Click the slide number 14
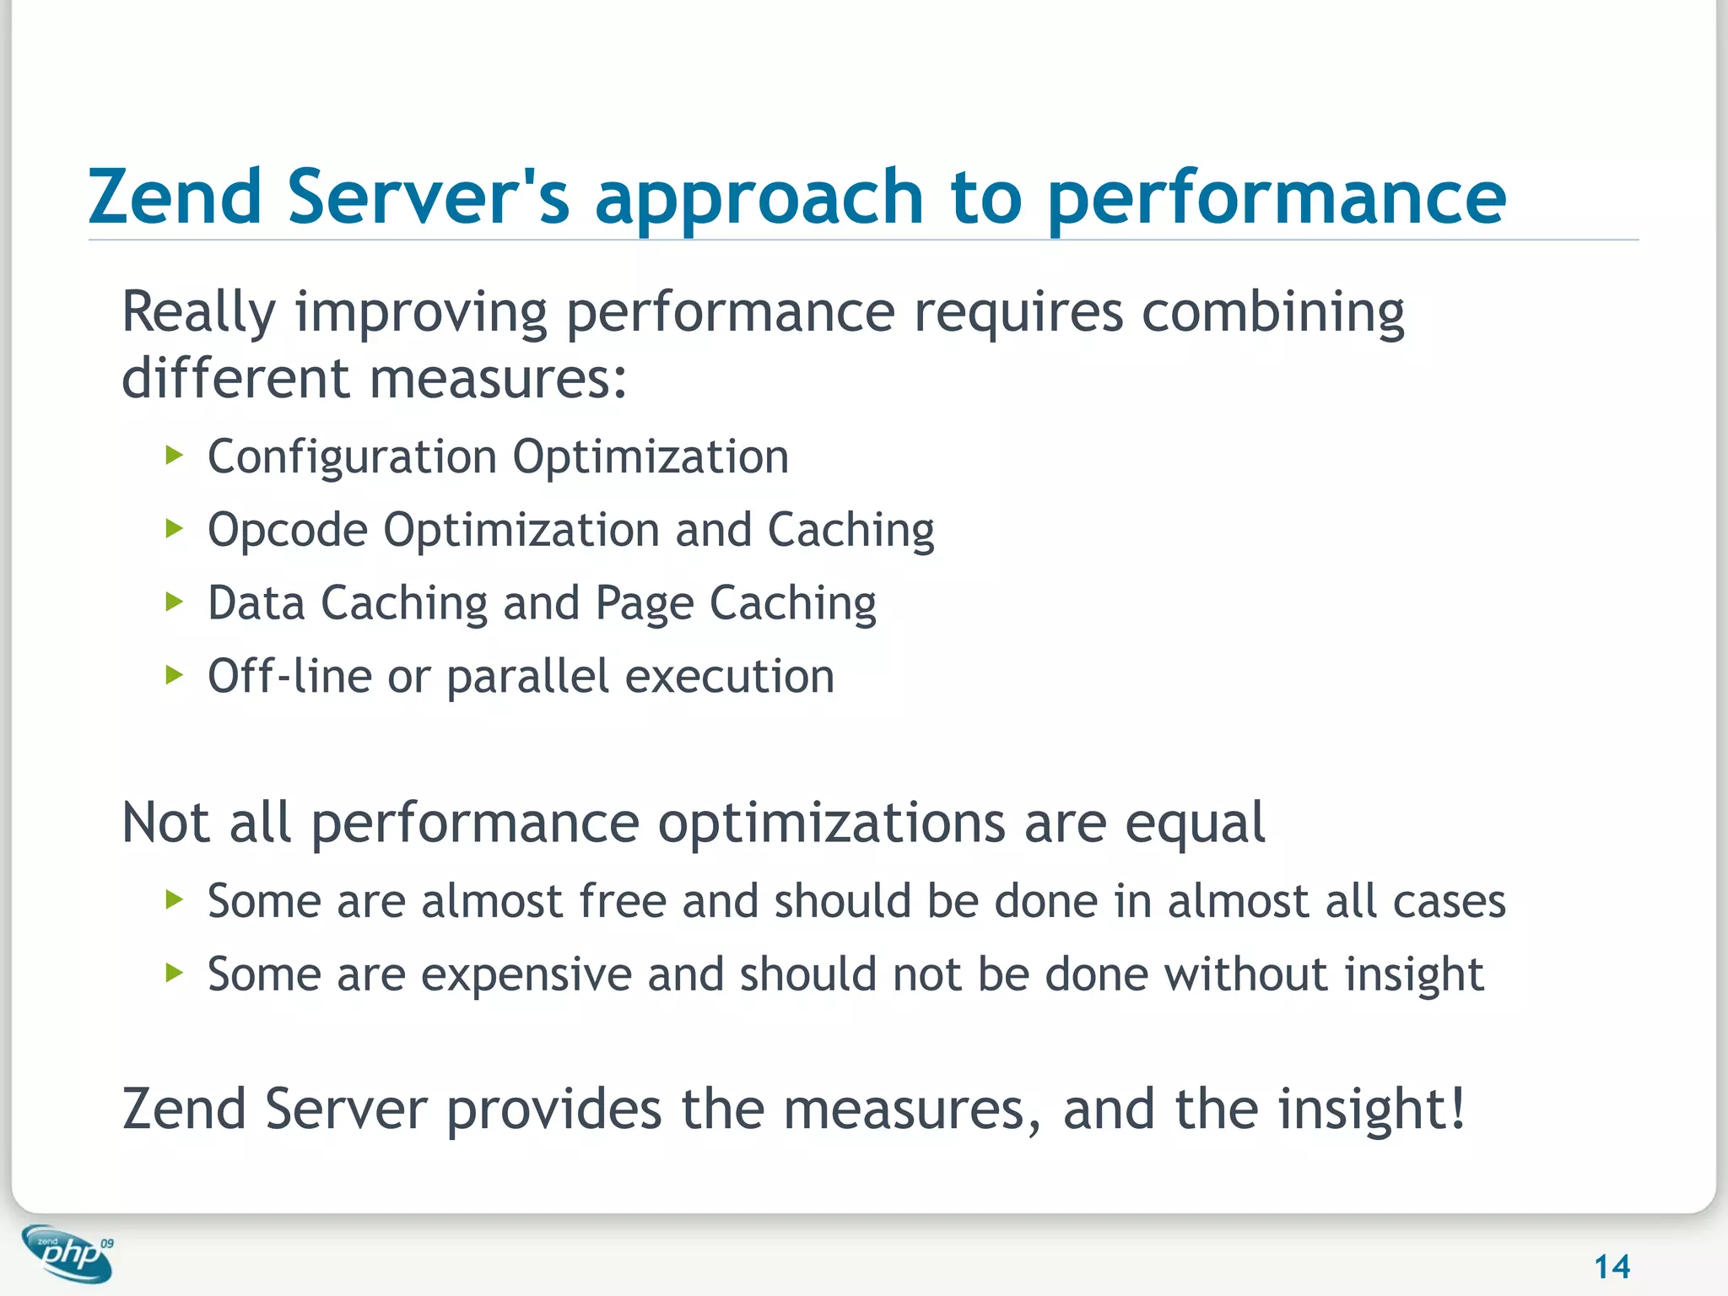pyautogui.click(x=1612, y=1266)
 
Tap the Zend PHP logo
pyautogui.click(x=67, y=1254)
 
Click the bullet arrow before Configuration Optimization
pyautogui.click(x=174, y=456)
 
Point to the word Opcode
pyautogui.click(x=288, y=531)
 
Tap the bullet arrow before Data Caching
pyautogui.click(x=174, y=602)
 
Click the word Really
pyautogui.click(x=198, y=313)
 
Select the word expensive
pyautogui.click(x=526, y=975)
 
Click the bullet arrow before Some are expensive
pyautogui.click(x=174, y=974)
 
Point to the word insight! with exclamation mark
pyautogui.click(x=1371, y=1109)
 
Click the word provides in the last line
pyautogui.click(x=553, y=1109)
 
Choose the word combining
pyautogui.click(x=1272, y=313)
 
